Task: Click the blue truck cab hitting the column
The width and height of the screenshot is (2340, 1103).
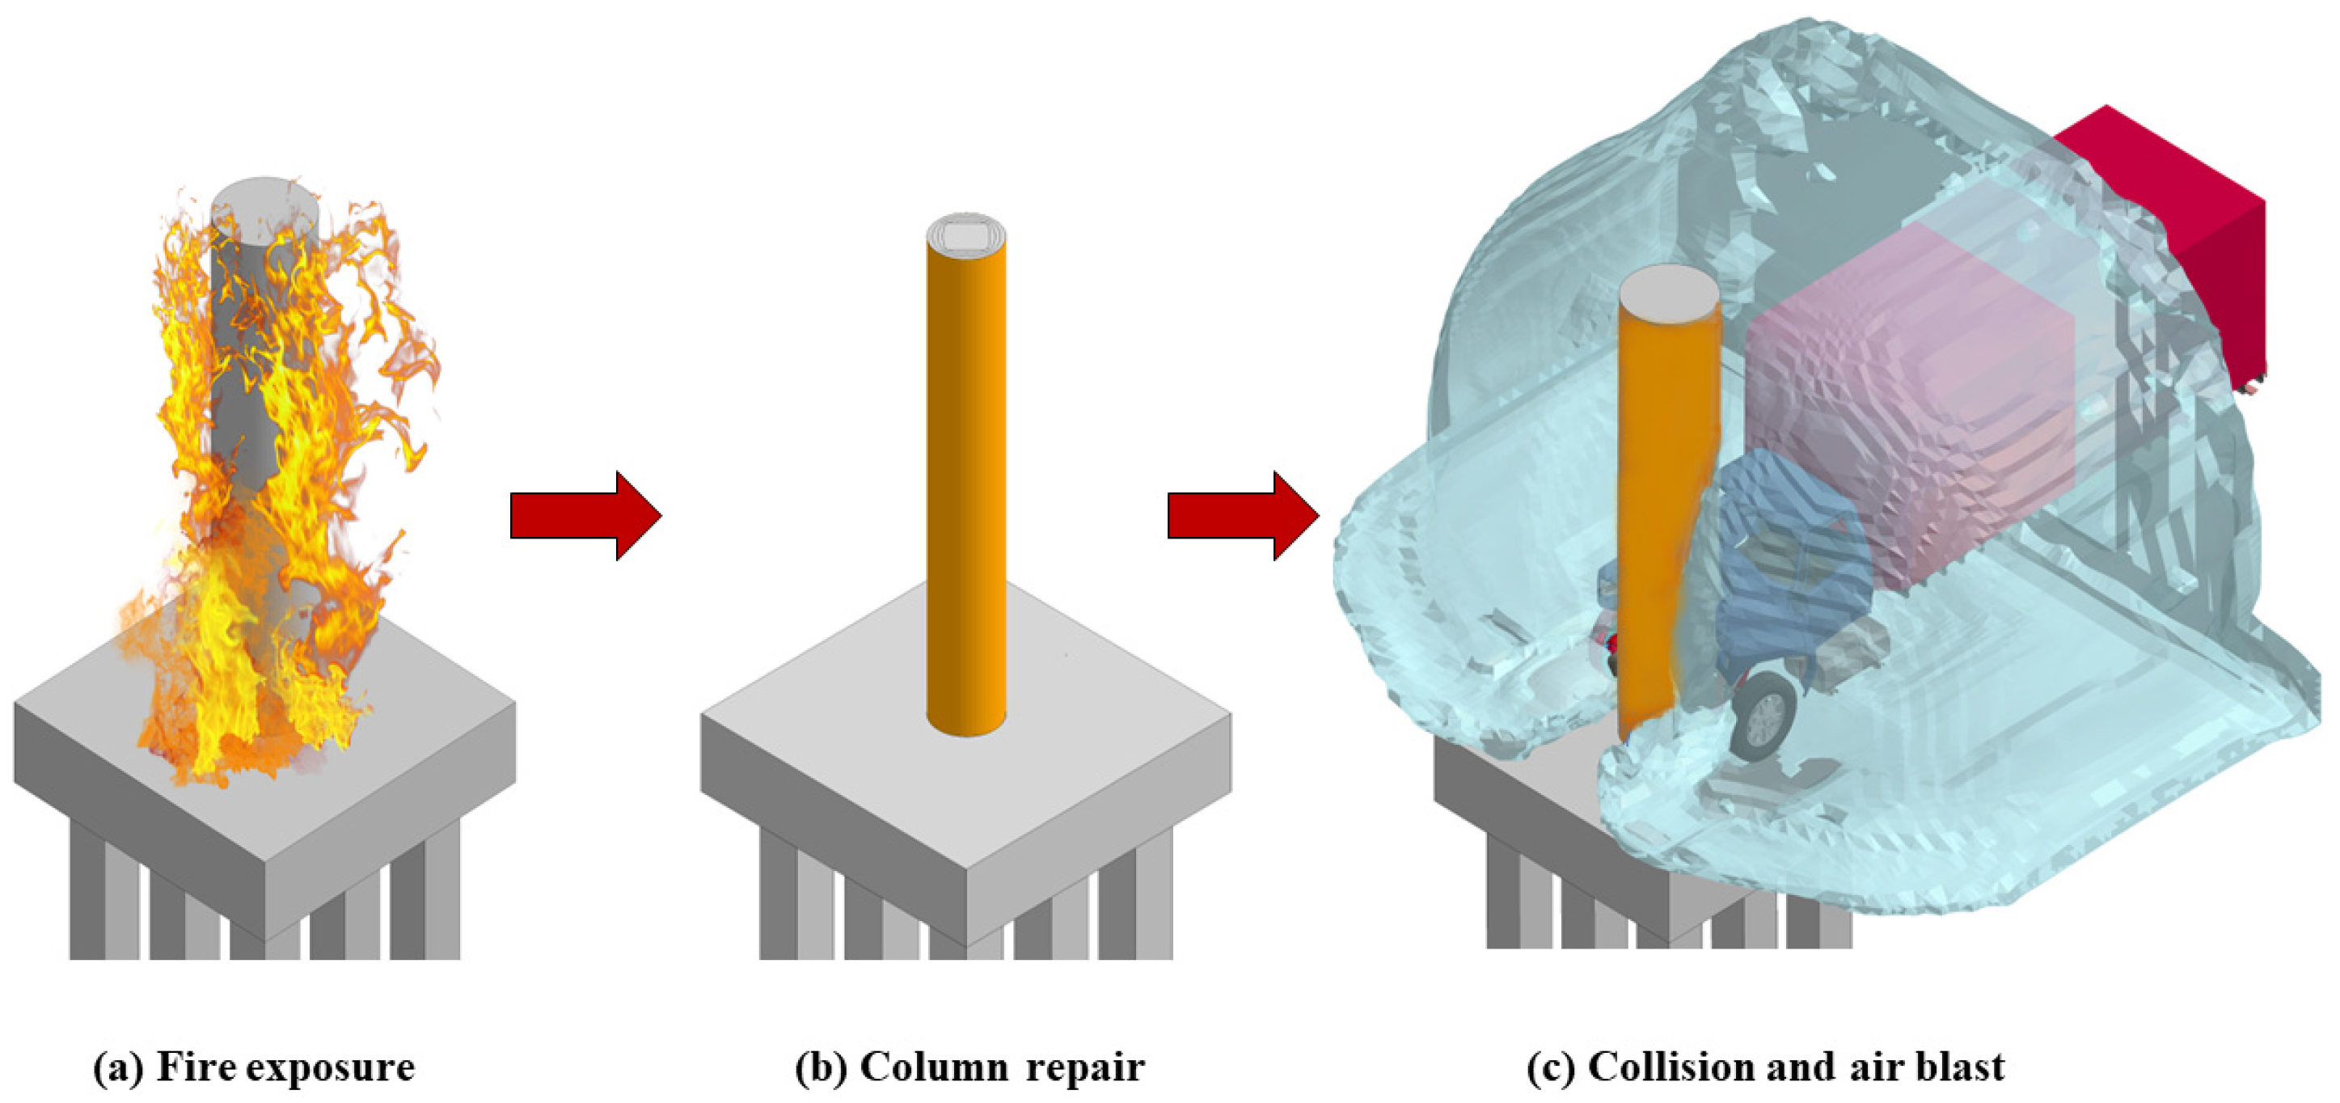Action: [x=1780, y=545]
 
